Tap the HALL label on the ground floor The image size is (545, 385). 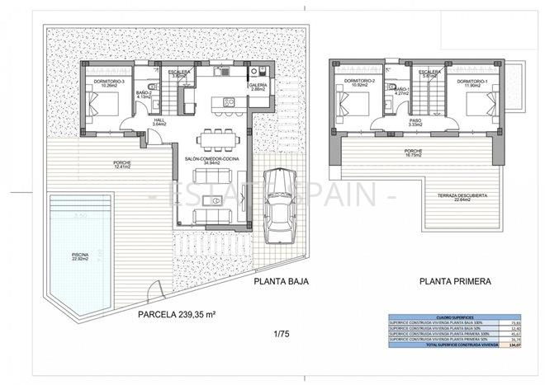coord(159,122)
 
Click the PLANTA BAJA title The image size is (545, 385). coord(280,282)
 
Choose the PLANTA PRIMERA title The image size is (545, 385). coord(455,282)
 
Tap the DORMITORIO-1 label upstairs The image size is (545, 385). coord(476,81)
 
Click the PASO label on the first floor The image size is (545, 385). coord(415,120)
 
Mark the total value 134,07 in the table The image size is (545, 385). coord(514,356)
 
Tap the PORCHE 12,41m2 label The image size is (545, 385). coord(123,164)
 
